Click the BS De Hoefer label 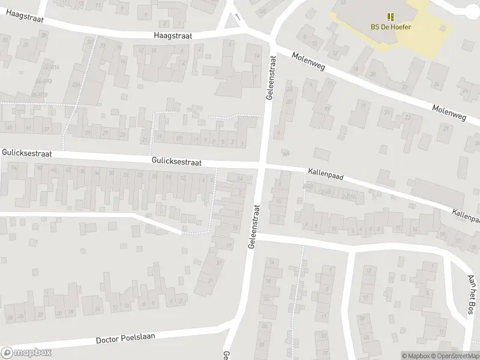tap(391, 26)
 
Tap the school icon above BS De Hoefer tap(391, 17)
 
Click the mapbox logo tap(26, 353)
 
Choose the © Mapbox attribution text tap(416, 356)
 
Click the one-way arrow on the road tap(238, 17)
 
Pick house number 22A tap(76, 85)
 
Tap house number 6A tap(285, 153)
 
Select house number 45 tap(9, 128)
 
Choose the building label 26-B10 tap(40, 95)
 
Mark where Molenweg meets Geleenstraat tap(272, 43)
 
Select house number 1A tap(256, 56)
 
